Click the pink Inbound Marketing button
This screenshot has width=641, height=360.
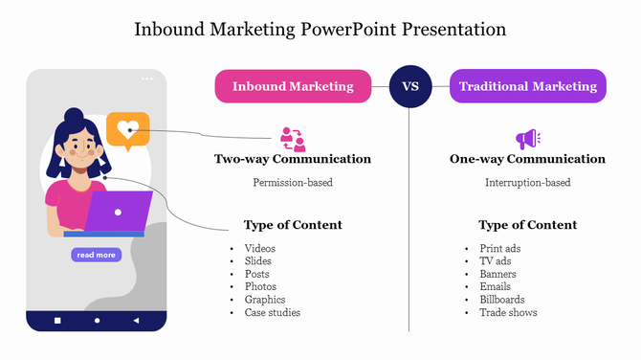[293, 86]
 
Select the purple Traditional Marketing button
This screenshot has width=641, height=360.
[527, 86]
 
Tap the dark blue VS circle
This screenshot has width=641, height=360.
[409, 86]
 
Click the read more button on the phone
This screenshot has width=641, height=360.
[96, 255]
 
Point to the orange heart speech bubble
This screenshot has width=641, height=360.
[127, 129]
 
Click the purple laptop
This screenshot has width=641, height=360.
[119, 212]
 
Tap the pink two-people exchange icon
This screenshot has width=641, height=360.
[293, 139]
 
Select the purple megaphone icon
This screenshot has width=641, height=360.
[527, 140]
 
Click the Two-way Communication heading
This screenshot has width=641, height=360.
[293, 159]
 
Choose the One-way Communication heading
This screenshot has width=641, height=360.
[527, 159]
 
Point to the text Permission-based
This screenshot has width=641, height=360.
[293, 182]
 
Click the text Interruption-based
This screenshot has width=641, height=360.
[527, 182]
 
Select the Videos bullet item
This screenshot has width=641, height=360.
[259, 249]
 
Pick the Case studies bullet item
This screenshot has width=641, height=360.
[273, 312]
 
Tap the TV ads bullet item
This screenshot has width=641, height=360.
[496, 261]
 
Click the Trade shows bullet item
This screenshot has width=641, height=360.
[508, 312]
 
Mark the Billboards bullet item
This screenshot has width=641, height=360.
[502, 300]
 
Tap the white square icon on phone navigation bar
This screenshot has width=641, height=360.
[57, 320]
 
